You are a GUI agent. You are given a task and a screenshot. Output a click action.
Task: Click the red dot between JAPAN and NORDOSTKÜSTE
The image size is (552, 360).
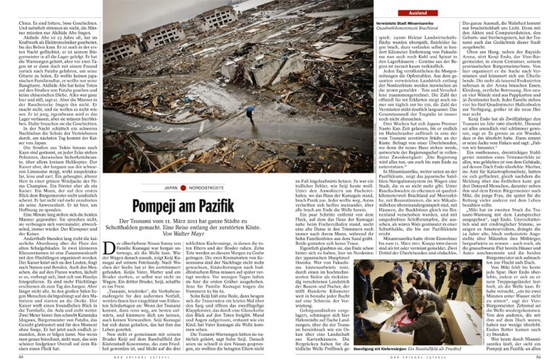point(183,188)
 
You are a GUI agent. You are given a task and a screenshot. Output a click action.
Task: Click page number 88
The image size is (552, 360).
point(21,355)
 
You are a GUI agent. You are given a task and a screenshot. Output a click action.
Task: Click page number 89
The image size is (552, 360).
point(533,355)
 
